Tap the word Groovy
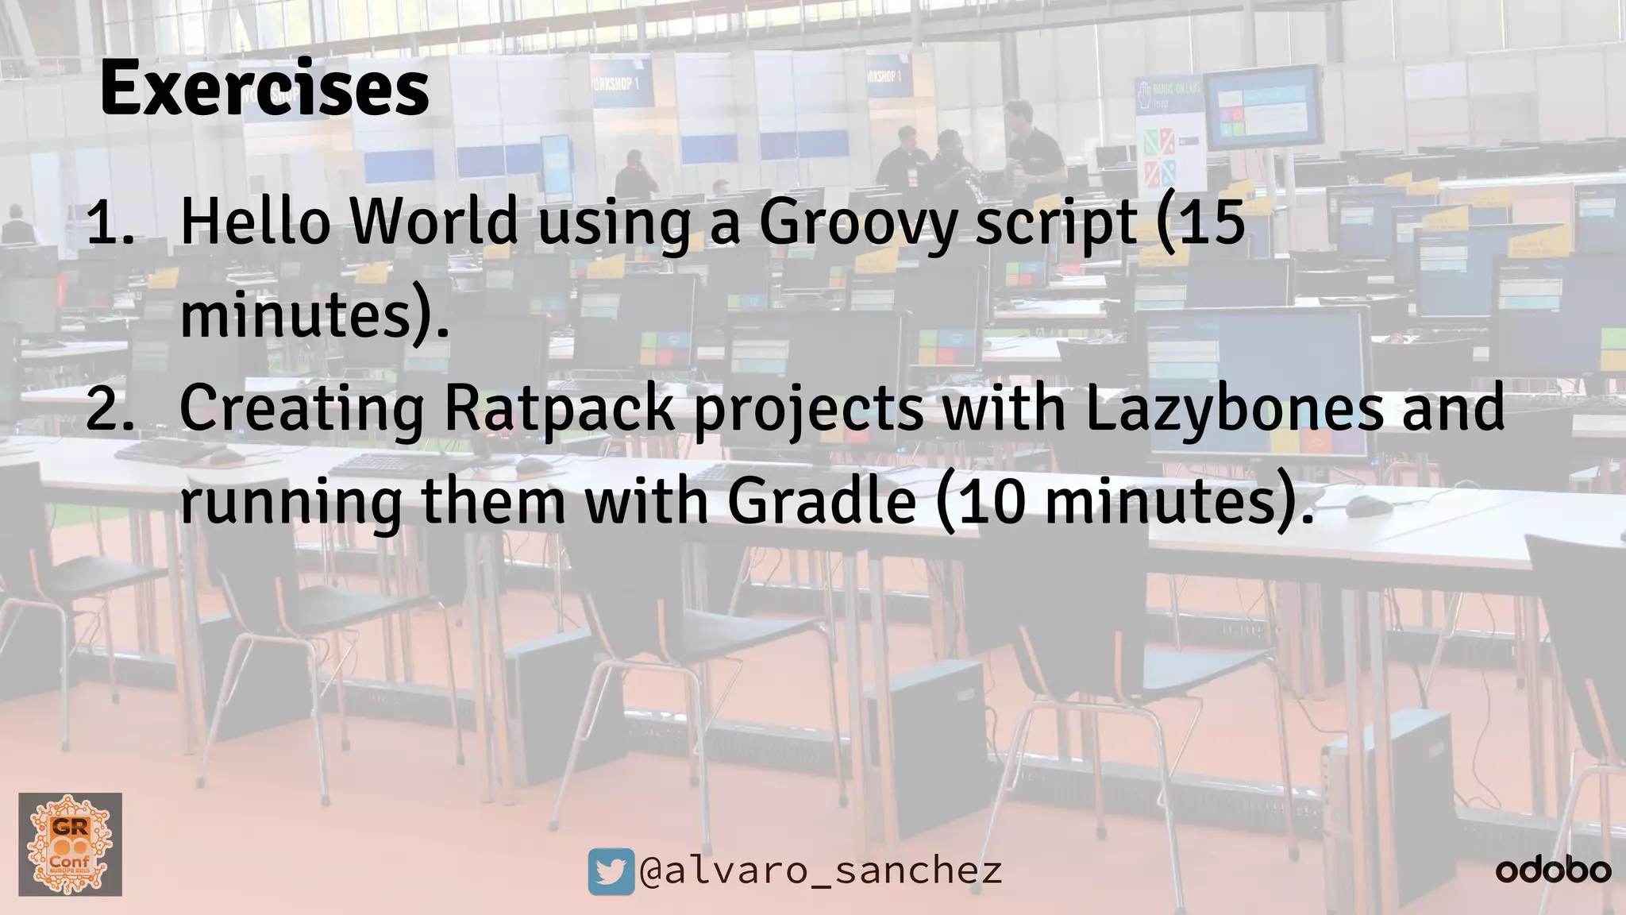click(858, 224)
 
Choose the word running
click(291, 504)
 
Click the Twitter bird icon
click(611, 871)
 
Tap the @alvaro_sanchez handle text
click(821, 871)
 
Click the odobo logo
click(1553, 871)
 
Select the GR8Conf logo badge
click(70, 844)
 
